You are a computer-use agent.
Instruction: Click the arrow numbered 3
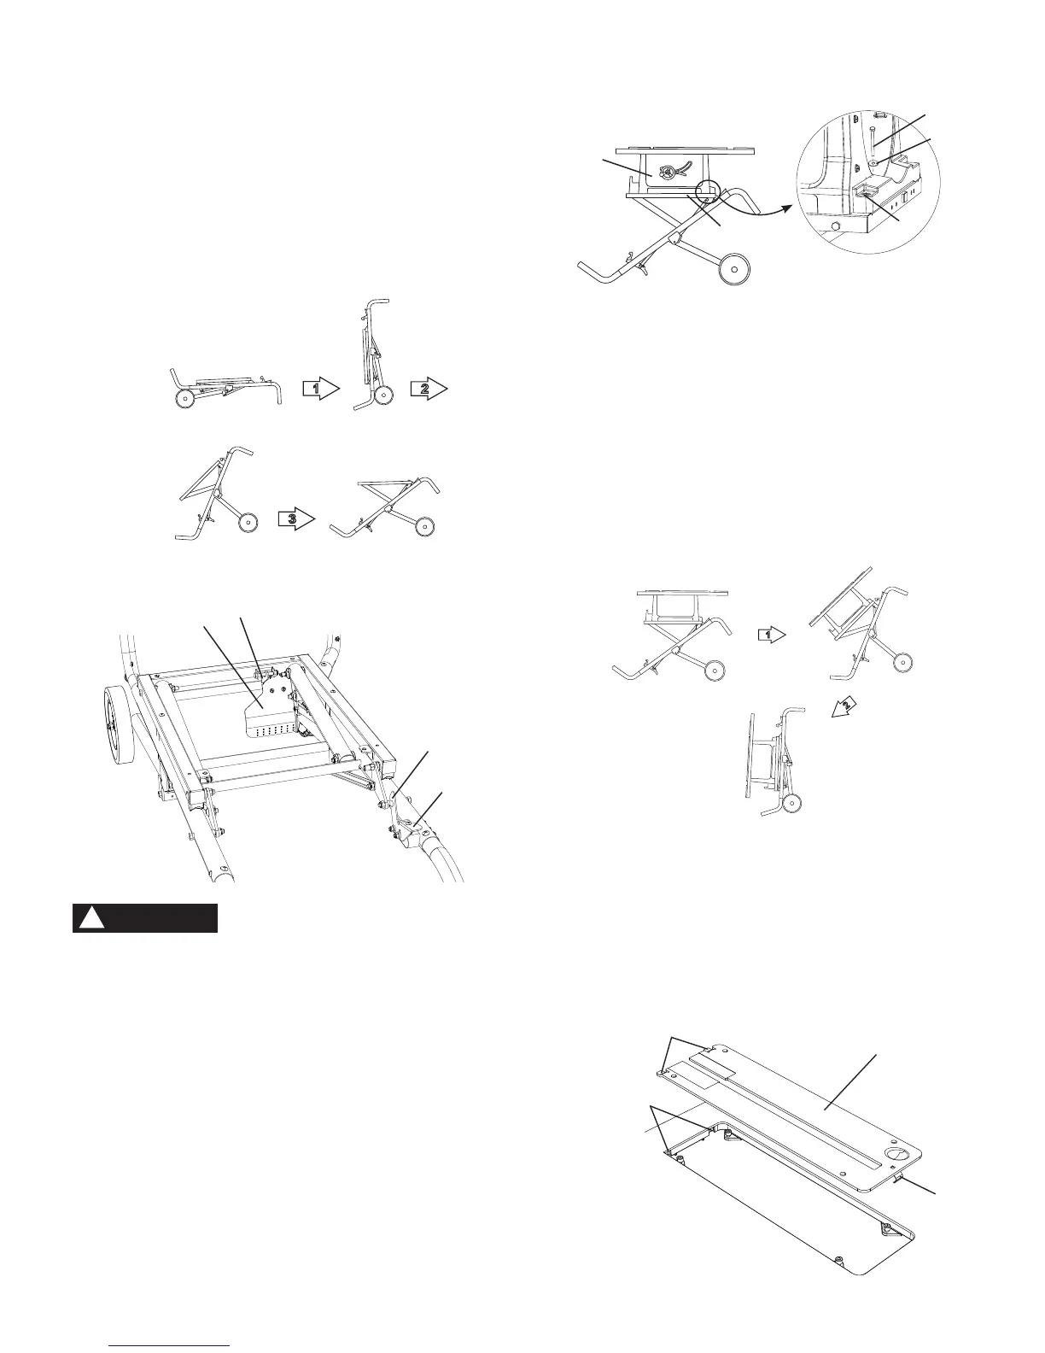tap(297, 518)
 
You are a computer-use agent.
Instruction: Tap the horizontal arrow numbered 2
tap(428, 389)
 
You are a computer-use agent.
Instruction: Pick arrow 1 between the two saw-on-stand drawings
tap(770, 635)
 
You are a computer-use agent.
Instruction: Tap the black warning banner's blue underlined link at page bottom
tap(171, 1346)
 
